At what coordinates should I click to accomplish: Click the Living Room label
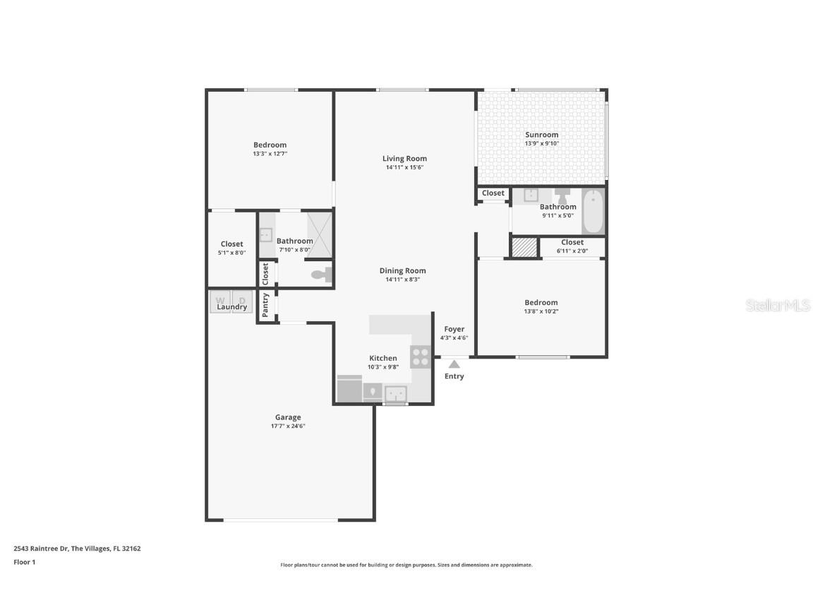(404, 159)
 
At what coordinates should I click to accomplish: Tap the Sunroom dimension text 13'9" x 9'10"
(541, 143)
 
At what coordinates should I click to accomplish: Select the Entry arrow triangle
(454, 364)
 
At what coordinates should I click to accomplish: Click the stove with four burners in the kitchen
(421, 357)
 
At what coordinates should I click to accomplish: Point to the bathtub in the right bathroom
(593, 211)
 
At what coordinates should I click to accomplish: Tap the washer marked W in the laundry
(219, 301)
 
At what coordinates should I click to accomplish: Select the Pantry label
(265, 306)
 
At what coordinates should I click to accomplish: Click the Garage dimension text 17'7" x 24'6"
(288, 426)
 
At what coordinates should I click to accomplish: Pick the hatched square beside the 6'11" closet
(524, 247)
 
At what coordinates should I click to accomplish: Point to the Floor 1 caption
(24, 562)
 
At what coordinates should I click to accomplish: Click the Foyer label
(454, 329)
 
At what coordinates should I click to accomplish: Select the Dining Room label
(402, 270)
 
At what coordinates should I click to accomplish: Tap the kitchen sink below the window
(395, 393)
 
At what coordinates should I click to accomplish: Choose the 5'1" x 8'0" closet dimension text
(231, 252)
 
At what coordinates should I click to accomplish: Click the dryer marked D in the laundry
(242, 301)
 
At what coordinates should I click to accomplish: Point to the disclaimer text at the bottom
(406, 565)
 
